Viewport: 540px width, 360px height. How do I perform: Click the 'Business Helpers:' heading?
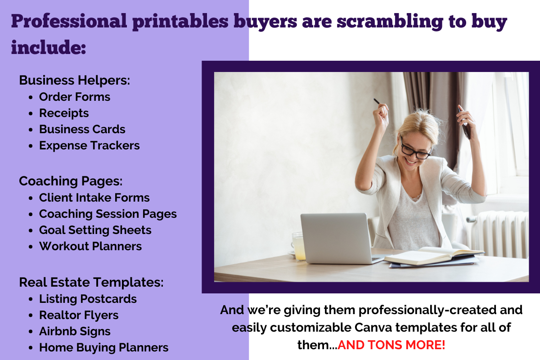point(75,80)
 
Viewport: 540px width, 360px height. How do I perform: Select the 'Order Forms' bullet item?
point(75,97)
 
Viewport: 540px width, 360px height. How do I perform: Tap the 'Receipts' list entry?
point(64,113)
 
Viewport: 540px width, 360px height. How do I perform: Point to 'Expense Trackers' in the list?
point(90,146)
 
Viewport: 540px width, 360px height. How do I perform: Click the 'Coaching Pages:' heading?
point(71,181)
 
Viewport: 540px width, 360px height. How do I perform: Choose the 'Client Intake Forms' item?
point(94,198)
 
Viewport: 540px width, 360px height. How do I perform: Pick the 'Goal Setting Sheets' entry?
point(95,230)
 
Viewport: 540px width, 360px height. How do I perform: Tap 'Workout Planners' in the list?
point(90,246)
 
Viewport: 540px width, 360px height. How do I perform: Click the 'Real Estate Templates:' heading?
point(91,282)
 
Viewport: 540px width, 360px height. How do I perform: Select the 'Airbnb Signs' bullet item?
point(75,331)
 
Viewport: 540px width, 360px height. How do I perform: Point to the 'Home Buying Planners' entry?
point(103,348)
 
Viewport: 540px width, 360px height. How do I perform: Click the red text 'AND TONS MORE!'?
point(391,345)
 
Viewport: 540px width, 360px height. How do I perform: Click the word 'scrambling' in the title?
point(390,22)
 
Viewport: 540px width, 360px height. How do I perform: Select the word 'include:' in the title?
point(49,47)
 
